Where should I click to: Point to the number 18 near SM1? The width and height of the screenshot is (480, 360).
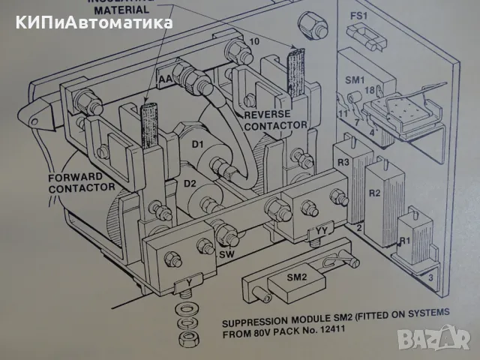(x=369, y=91)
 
